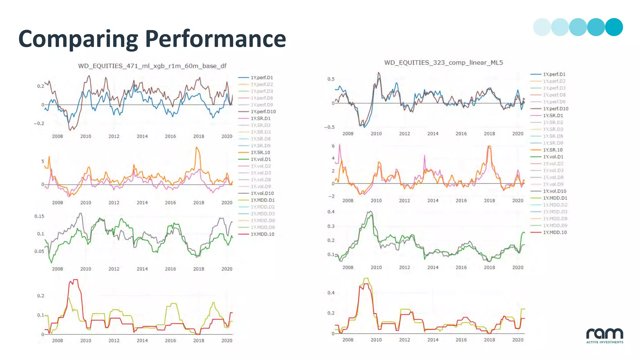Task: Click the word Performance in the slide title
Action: [215, 39]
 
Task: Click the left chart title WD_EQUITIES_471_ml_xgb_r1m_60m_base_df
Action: [152, 66]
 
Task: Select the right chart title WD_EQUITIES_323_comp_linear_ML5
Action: [443, 62]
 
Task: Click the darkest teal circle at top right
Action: [614, 27]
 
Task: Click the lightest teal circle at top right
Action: [542, 27]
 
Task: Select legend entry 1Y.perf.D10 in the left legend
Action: [263, 112]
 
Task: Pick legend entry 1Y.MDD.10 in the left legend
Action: [262, 234]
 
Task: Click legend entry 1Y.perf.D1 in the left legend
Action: [262, 77]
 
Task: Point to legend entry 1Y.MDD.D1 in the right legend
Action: [555, 198]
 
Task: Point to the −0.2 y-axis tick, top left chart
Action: [39, 123]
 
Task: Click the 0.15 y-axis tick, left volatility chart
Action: [39, 216]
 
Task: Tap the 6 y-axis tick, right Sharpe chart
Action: [333, 146]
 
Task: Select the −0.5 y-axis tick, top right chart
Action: [329, 127]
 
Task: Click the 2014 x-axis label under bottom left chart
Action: [142, 340]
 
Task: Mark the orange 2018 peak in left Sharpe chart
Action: [197, 147]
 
